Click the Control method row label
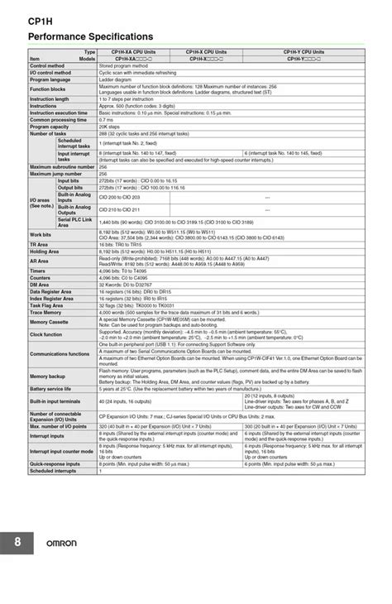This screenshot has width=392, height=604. click(x=48, y=65)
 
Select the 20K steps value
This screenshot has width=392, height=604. click(x=109, y=127)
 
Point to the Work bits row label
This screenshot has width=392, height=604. click(x=41, y=235)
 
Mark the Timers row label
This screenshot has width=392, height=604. click(x=38, y=271)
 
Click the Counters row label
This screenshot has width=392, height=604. click(x=41, y=277)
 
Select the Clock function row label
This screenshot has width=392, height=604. click(x=47, y=334)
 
